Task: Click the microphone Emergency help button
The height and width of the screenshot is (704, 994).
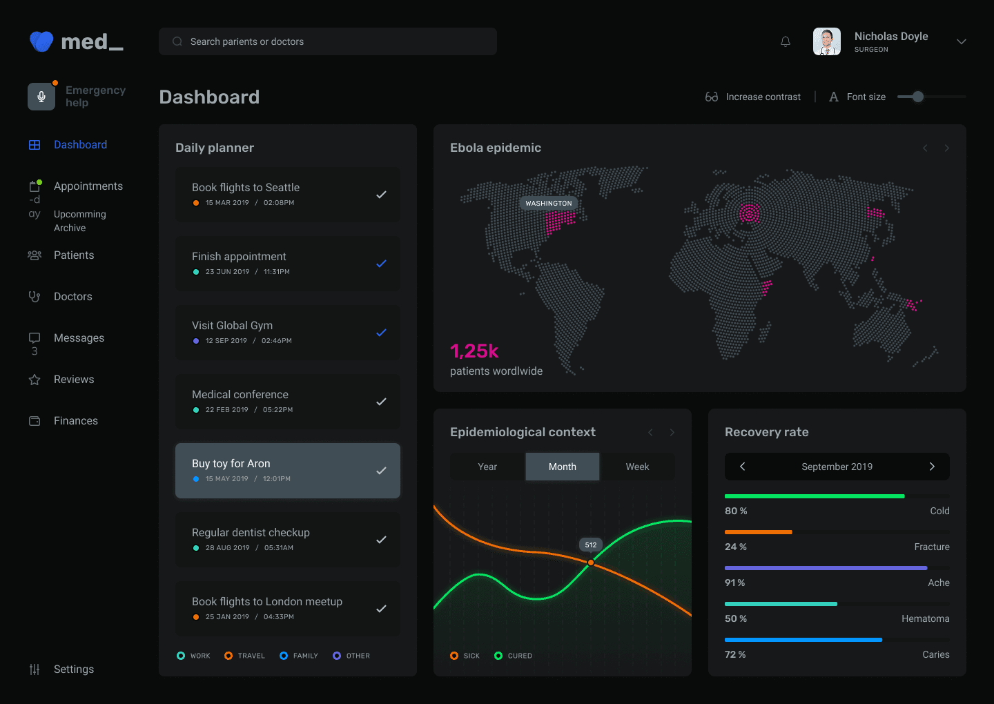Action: point(41,97)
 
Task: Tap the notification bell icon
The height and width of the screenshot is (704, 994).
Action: point(786,41)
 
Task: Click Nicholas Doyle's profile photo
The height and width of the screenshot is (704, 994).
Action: point(826,41)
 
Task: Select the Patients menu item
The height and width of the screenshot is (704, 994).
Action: point(73,255)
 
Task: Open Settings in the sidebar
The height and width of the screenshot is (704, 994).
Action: point(73,669)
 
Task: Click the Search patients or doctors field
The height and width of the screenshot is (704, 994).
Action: point(328,41)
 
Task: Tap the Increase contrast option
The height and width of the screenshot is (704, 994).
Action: point(753,97)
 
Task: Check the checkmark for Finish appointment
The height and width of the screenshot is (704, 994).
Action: point(381,264)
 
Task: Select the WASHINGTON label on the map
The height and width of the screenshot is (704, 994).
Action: point(549,203)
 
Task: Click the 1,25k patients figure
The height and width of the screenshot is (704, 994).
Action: point(474,351)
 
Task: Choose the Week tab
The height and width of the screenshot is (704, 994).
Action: point(637,467)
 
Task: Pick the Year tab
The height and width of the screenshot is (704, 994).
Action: point(487,467)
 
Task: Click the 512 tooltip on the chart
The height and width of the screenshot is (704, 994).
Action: point(591,545)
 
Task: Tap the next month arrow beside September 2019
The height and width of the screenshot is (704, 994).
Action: point(932,467)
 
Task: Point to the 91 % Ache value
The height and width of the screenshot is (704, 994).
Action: point(735,583)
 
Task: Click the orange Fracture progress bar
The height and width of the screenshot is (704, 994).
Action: point(758,532)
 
